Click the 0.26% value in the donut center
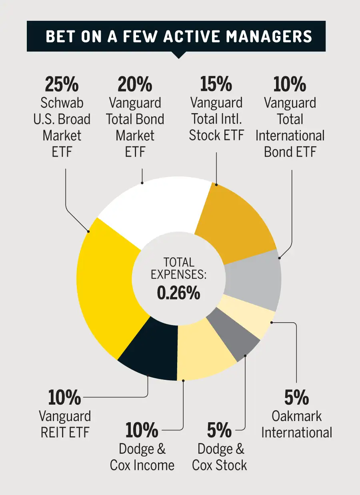click(178, 293)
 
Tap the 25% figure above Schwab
click(62, 84)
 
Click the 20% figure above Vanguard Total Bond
click(135, 84)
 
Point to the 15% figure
click(216, 84)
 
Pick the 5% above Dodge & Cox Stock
click(219, 431)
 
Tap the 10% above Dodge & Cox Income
click(142, 431)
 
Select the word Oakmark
click(296, 416)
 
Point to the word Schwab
click(62, 103)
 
